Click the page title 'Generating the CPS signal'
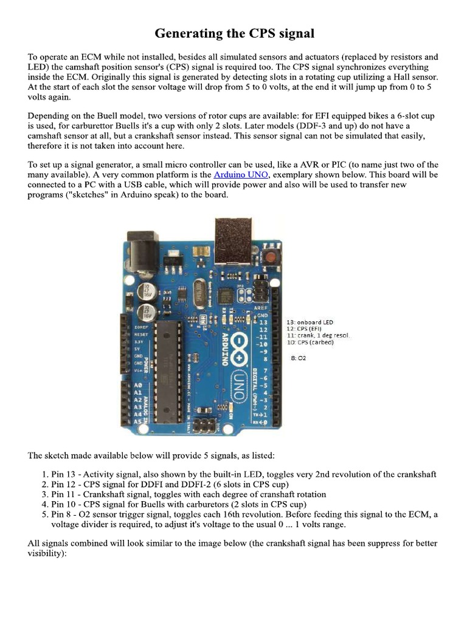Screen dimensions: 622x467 tap(233, 33)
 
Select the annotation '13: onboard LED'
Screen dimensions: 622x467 tap(310, 321)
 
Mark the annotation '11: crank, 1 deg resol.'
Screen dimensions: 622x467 tap(318, 335)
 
